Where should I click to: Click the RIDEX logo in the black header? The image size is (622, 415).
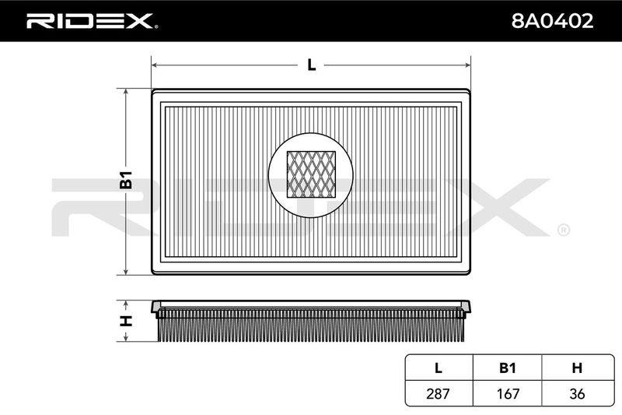click(x=92, y=21)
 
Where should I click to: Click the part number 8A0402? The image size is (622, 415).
click(x=552, y=21)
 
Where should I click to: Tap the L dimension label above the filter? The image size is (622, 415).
click(x=312, y=65)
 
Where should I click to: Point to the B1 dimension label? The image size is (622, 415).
click(x=126, y=180)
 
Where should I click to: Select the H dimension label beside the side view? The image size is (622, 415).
click(x=126, y=321)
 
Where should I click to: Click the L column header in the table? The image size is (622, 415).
click(x=439, y=368)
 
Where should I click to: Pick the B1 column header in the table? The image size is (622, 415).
click(x=508, y=368)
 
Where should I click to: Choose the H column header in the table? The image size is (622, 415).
click(x=577, y=368)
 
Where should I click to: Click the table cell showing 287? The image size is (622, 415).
click(x=439, y=393)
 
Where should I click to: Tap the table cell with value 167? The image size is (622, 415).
click(x=508, y=393)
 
